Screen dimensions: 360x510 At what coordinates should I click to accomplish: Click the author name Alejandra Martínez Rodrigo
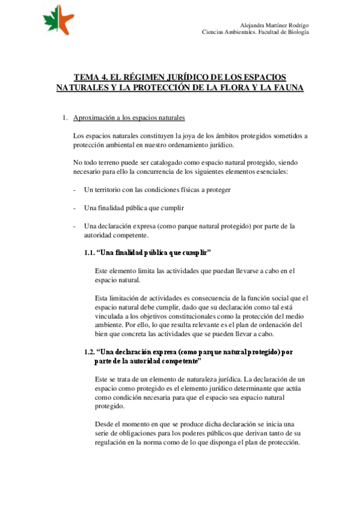tap(274, 25)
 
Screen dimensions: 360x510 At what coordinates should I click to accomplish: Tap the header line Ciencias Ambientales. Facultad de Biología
tap(255, 32)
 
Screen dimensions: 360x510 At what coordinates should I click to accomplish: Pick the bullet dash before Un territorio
tap(74, 190)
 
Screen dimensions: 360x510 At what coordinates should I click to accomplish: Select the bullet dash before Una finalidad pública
tap(74, 208)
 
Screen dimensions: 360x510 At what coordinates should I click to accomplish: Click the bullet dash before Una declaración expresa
tap(74, 226)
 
